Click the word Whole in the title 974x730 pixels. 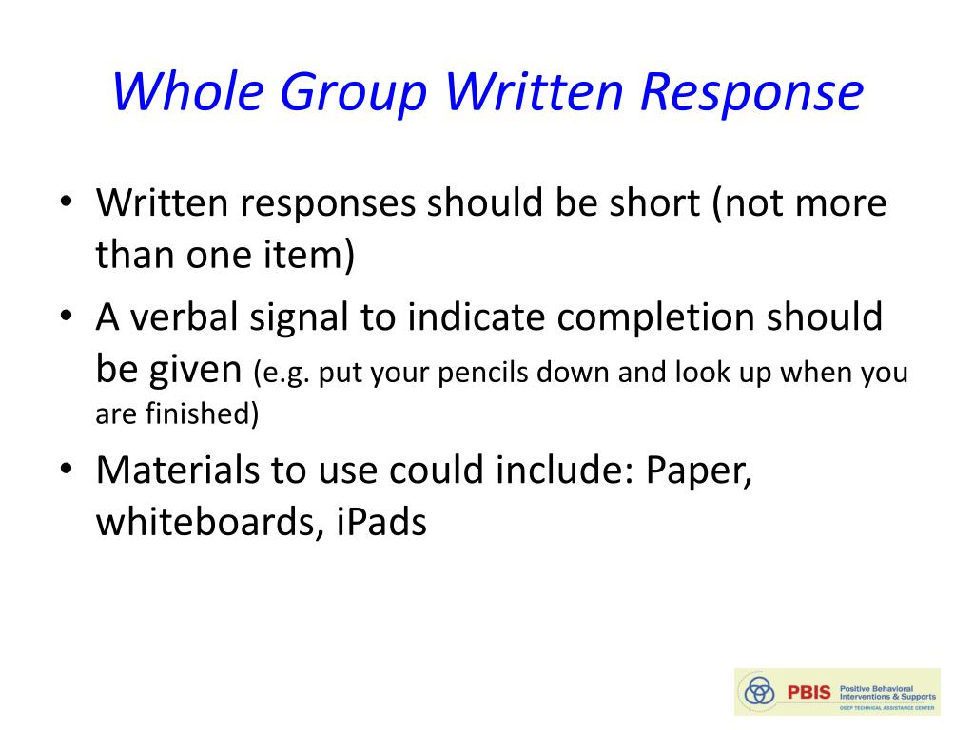(187, 92)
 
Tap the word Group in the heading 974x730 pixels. (353, 94)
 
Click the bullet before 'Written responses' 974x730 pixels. (66, 202)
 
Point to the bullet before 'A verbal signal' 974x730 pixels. (66, 316)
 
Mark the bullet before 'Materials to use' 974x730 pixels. (66, 468)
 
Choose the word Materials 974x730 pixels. (178, 470)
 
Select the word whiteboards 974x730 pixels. (209, 522)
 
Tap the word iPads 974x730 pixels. (381, 522)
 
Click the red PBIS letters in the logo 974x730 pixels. (808, 692)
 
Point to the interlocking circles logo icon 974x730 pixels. (759, 690)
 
